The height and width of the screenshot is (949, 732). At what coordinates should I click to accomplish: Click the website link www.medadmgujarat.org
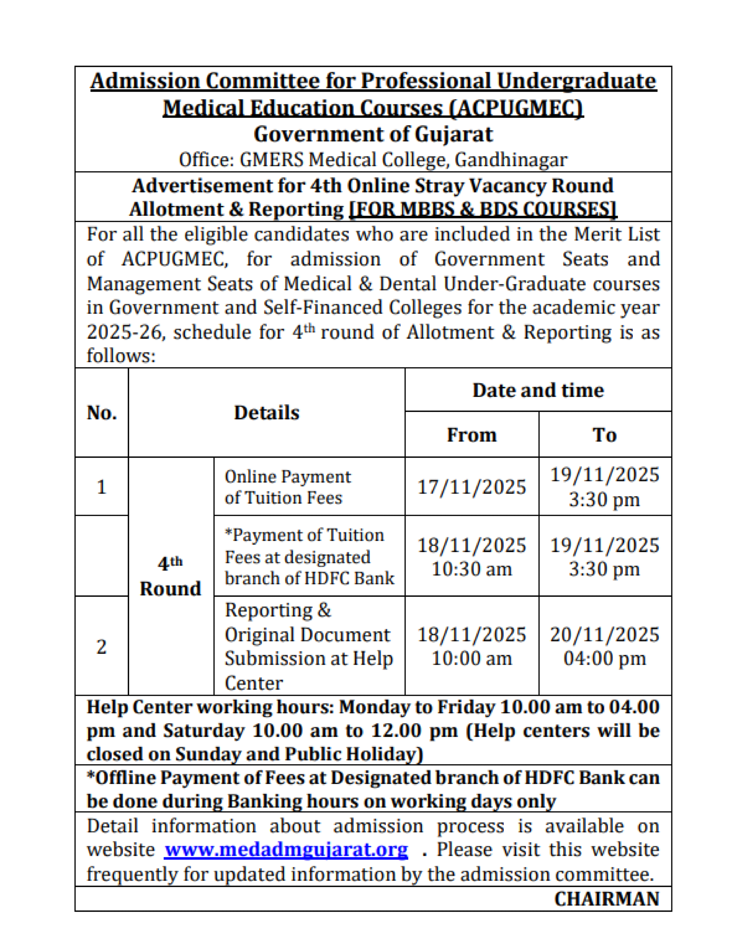(286, 850)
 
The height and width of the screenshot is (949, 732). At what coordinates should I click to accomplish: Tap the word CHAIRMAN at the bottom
(606, 899)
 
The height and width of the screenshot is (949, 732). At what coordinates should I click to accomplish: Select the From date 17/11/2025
(472, 487)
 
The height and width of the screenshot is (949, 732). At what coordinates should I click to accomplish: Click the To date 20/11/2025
(605, 634)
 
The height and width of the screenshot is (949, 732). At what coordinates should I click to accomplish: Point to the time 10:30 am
(472, 569)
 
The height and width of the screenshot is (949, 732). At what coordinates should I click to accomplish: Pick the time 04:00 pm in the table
(605, 658)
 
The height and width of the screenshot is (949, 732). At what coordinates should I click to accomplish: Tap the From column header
(472, 434)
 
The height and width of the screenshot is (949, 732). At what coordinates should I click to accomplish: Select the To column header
(605, 434)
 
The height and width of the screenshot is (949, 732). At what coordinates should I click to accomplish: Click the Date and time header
(538, 390)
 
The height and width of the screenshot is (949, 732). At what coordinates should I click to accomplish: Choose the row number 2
(102, 647)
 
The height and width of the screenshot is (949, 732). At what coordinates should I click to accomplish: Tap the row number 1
(102, 487)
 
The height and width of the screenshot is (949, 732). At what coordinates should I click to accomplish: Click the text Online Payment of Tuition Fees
(287, 487)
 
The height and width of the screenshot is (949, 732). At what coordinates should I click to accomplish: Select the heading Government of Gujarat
(373, 134)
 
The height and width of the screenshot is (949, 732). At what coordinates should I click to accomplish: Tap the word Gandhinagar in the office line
(511, 160)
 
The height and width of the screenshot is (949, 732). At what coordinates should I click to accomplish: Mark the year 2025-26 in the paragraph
(125, 332)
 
